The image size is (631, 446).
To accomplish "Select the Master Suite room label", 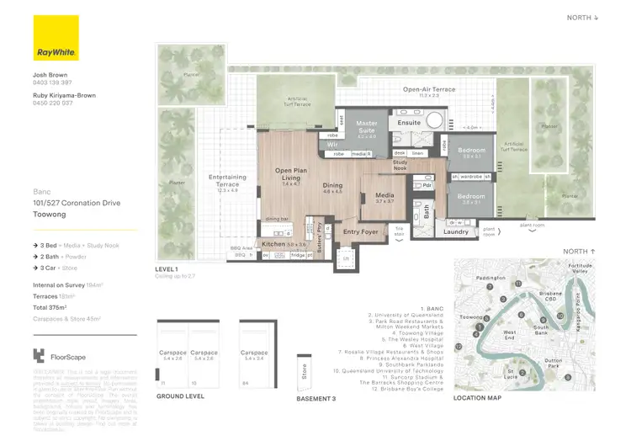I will [x=367, y=126].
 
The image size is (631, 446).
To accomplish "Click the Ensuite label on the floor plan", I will [x=409, y=123].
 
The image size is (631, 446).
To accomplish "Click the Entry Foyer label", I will [x=361, y=231].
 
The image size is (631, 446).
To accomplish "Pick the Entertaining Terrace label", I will [x=228, y=180].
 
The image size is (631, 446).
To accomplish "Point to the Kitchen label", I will [x=274, y=244].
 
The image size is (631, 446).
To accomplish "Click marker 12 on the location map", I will [x=459, y=346].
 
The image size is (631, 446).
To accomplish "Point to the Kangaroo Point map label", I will [x=576, y=317].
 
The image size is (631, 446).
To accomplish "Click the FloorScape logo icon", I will [x=39, y=355].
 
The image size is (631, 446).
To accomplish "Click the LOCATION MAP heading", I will [x=477, y=398].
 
